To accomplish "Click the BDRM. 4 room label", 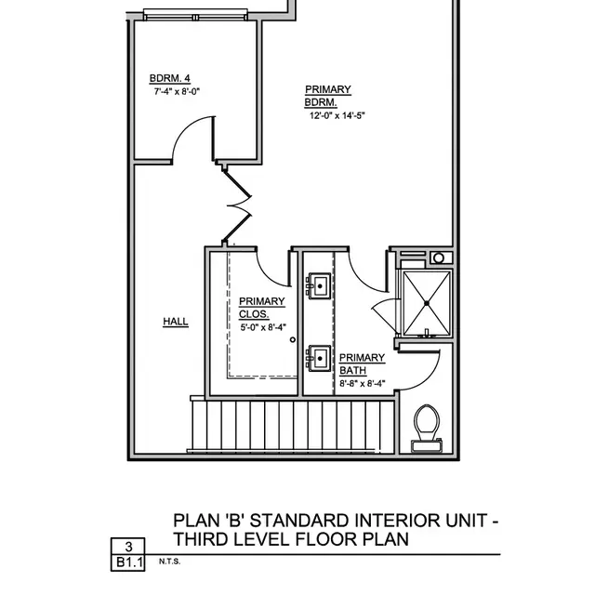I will (168, 79).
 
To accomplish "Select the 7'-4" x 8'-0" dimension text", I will (177, 92).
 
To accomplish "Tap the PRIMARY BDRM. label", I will (328, 96).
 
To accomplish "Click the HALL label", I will (176, 322).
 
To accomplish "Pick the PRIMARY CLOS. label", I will (261, 308).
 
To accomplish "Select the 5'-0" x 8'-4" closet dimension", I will (263, 326).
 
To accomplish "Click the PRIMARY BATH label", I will (362, 364).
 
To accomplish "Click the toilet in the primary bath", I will (427, 426).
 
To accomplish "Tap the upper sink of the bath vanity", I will (320, 284).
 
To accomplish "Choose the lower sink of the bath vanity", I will (320, 357).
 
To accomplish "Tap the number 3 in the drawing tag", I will (128, 547).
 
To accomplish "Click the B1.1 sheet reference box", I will (128, 562).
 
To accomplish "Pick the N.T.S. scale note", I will (169, 562).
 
